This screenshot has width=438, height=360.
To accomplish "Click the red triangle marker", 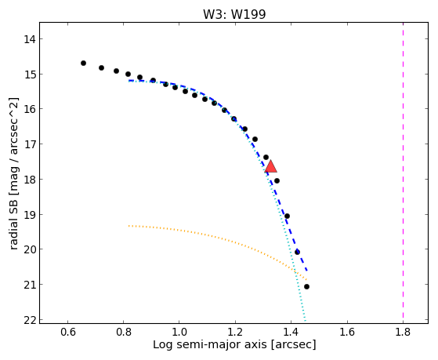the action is point(270,167).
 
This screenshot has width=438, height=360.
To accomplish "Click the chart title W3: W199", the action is point(234,15).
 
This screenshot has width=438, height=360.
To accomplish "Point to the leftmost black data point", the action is point(83,64).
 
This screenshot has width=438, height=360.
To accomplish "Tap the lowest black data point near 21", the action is point(306,287).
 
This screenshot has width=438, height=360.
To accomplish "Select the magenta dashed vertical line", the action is point(403,173).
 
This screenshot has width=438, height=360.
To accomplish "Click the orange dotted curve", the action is point(223,239).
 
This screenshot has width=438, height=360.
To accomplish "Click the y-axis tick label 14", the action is point(30,39).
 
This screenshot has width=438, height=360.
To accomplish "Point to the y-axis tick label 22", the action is point(30,320).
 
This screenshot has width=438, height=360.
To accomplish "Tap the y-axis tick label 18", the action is point(30,180).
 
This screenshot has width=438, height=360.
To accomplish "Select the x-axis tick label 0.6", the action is point(67,332).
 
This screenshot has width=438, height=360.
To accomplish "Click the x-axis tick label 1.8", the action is point(403,332).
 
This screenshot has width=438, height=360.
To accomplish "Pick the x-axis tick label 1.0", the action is point(179,332).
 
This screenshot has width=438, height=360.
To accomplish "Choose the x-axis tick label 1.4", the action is point(291,332).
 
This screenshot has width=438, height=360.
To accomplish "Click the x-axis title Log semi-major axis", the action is point(209,344).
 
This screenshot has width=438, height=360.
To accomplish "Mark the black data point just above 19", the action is point(287,216).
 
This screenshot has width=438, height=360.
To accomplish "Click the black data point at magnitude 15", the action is point(128,75).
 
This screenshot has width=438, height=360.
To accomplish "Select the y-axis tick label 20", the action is point(30,249).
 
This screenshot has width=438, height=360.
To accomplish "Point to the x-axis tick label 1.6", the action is point(347,332).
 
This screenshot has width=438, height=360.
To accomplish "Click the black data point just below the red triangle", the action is point(277,180).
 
